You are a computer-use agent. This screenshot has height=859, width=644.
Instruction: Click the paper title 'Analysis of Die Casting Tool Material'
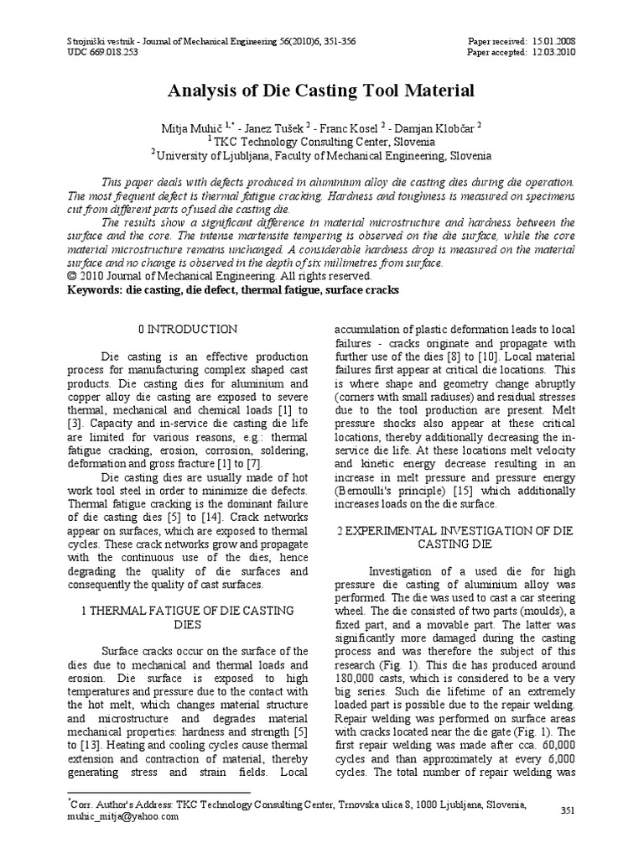pyautogui.click(x=321, y=91)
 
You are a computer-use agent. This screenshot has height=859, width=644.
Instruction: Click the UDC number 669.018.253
pyautogui.click(x=119, y=52)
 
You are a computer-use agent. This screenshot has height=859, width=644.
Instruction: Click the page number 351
pyautogui.click(x=567, y=809)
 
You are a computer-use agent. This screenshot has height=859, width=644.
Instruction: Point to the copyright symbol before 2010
pyautogui.click(x=70, y=275)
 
